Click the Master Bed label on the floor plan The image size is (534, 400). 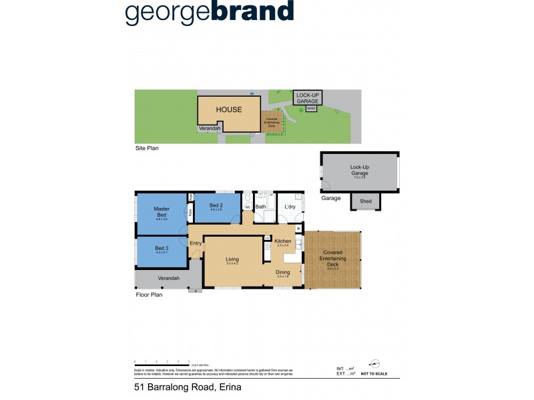162,211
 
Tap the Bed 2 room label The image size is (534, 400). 215,205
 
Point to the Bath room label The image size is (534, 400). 260,207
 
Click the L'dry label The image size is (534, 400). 290,207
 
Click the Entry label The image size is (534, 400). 196,243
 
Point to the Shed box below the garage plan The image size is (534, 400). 365,201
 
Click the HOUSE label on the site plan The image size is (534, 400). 228,109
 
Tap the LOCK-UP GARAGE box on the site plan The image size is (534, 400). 308,98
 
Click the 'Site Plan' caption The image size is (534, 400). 147,149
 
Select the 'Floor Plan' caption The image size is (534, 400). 149,294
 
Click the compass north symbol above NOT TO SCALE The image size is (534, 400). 374,363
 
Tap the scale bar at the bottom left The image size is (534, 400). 162,364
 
